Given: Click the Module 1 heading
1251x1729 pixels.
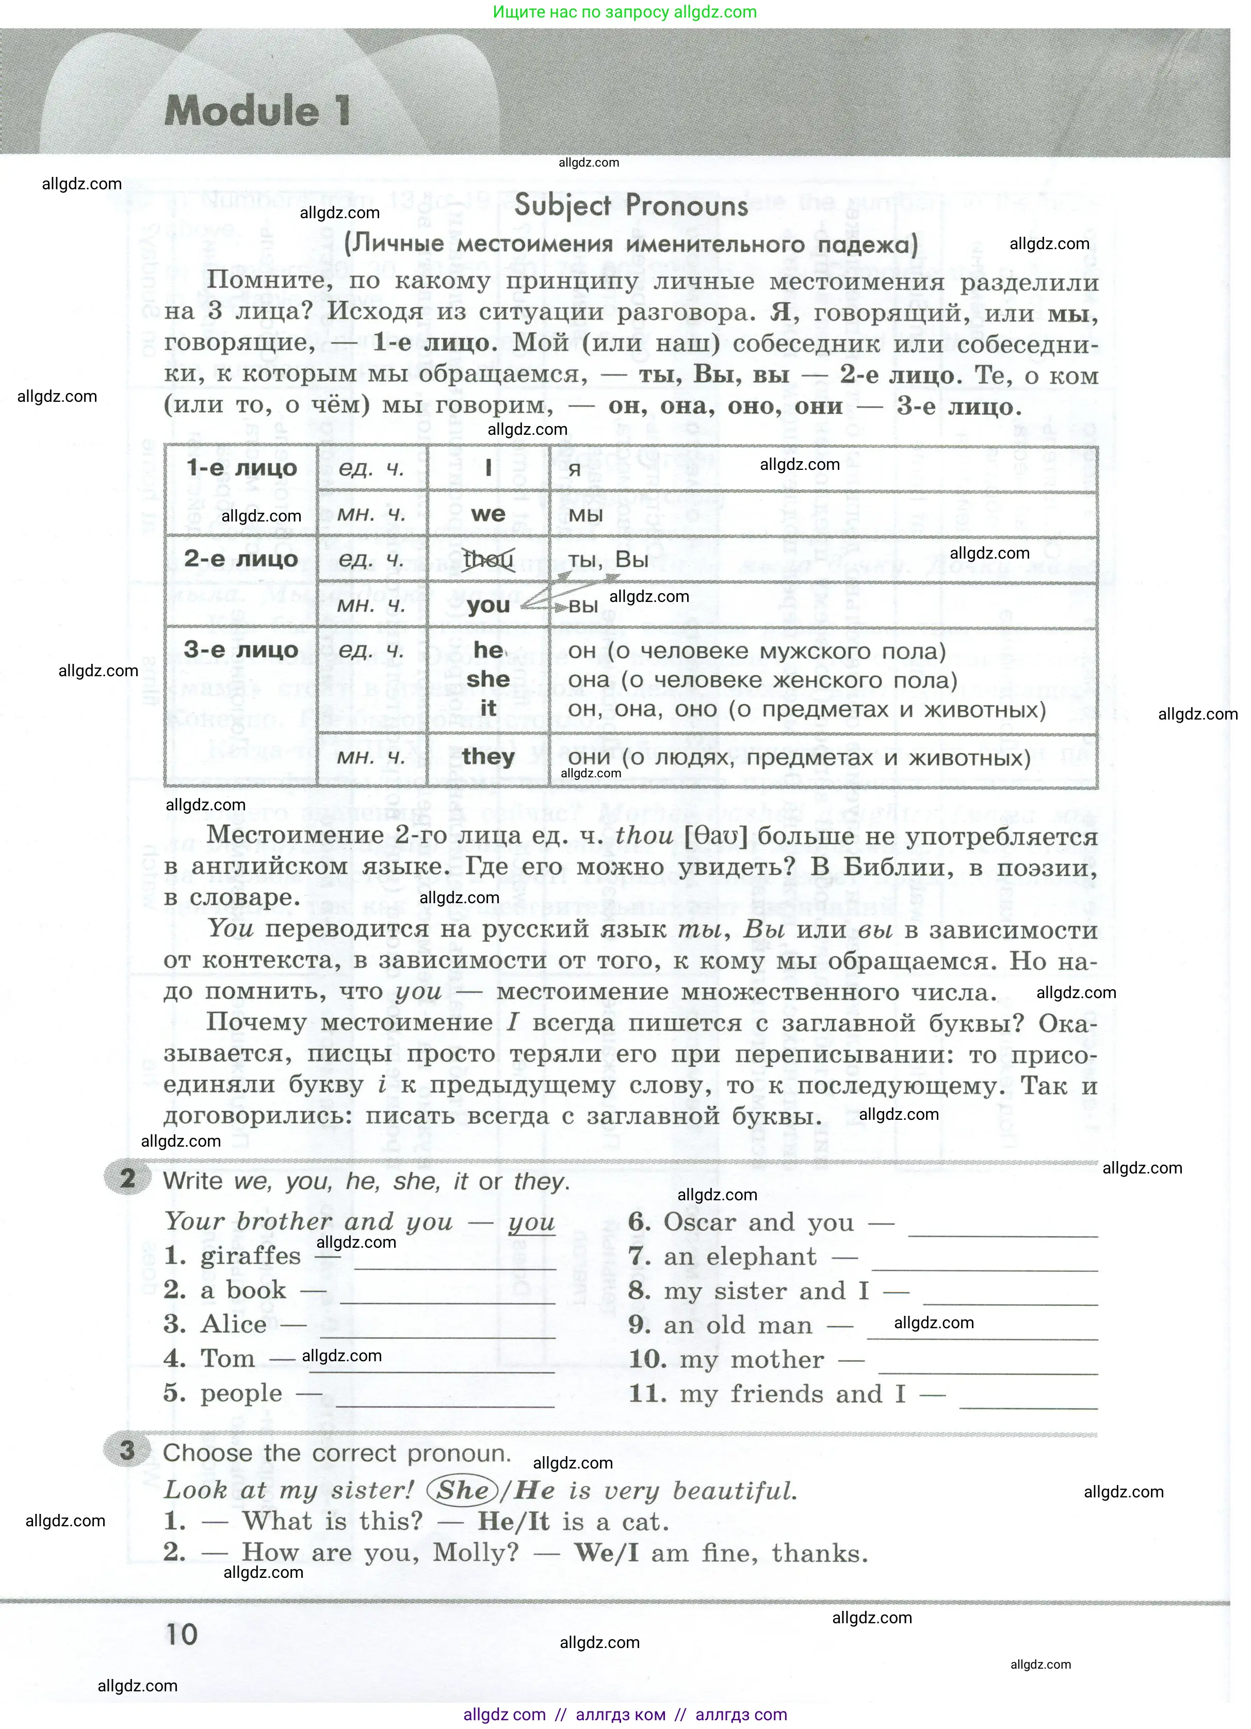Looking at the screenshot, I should pos(257,111).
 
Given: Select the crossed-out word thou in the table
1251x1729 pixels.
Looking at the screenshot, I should pos(488,560).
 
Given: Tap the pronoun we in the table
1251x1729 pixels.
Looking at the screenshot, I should pos(488,514).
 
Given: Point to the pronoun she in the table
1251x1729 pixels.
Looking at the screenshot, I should pos(488,679).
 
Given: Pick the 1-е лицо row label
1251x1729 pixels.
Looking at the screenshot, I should pos(241,467).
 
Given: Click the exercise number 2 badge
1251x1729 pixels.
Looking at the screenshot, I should pos(126,1179).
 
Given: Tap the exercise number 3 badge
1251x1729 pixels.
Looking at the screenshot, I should pos(126,1449).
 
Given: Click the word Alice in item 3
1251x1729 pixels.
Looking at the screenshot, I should pos(233,1324).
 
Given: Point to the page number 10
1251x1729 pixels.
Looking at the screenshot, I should pos(182,1633).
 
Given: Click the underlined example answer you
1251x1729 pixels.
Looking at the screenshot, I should pos(531,1222).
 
